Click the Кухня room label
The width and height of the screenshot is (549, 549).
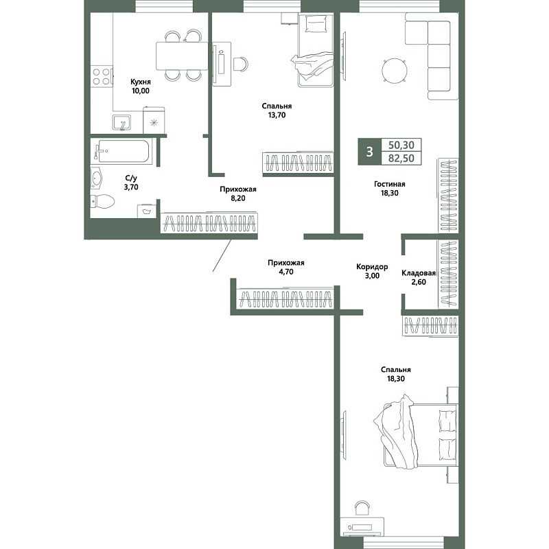tap(141, 82)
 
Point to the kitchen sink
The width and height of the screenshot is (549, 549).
tap(121, 123)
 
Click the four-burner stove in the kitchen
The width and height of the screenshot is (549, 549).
tap(102, 77)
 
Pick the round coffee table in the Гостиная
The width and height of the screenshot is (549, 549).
tap(395, 71)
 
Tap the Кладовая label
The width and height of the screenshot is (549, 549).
tap(419, 273)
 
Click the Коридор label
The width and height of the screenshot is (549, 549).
tap(372, 267)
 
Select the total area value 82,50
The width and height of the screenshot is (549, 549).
tap(401, 159)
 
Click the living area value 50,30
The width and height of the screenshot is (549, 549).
tap(401, 145)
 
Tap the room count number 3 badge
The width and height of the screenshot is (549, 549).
tap(369, 152)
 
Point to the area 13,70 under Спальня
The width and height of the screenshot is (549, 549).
tap(277, 115)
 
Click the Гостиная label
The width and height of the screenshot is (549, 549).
tap(389, 184)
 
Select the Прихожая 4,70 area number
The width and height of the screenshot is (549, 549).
tap(286, 272)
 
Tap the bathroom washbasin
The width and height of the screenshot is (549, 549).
tap(96, 178)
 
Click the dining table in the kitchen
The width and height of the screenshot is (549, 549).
tap(182, 56)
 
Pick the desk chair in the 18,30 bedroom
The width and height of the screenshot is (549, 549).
tap(362, 508)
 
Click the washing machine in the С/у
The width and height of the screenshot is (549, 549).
tap(146, 211)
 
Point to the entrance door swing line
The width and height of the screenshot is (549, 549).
tap(222, 255)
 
